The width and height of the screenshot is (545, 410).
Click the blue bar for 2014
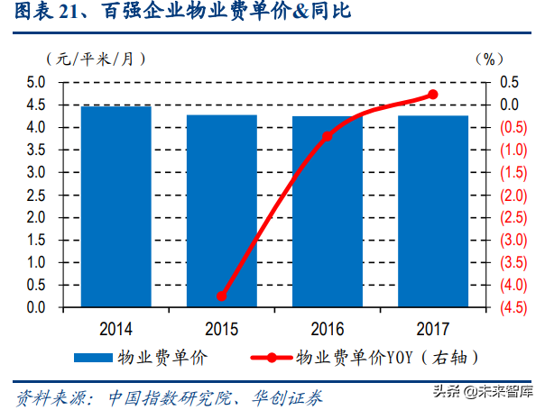(115, 207)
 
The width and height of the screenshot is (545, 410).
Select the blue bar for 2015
(221, 211)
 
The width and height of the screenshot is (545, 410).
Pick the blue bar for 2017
(433, 212)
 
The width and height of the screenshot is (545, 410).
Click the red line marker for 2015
(221, 296)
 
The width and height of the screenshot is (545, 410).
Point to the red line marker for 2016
(328, 136)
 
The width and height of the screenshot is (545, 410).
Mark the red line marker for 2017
(433, 95)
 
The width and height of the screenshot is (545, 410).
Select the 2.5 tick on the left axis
(36, 196)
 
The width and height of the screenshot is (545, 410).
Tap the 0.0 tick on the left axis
(36, 308)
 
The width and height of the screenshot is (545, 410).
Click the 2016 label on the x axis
(328, 326)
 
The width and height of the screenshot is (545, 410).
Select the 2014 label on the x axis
(115, 326)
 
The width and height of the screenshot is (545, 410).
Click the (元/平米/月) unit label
(94, 59)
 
